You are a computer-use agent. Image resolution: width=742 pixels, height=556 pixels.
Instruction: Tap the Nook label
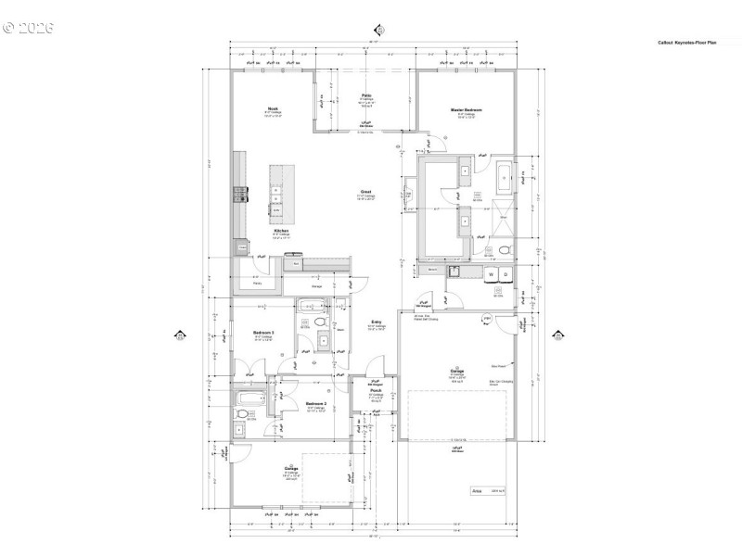point(273,109)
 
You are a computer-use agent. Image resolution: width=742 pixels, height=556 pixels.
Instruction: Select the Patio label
point(367,95)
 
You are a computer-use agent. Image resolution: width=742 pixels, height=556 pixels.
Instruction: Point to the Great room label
point(367,192)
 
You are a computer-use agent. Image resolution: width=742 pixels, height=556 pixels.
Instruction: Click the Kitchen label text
point(281,230)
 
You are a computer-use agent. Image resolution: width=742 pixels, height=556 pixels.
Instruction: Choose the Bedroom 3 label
point(263,333)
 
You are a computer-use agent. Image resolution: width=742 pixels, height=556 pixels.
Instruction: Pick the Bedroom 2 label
point(315,404)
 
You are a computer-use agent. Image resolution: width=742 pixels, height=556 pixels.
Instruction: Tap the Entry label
point(377,321)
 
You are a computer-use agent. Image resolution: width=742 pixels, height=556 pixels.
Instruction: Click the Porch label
point(377,390)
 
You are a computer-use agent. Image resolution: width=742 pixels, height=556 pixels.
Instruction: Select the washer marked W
point(490,275)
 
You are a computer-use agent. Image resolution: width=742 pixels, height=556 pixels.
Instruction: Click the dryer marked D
point(506,275)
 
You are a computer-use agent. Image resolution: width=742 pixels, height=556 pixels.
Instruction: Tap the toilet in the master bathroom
point(504,251)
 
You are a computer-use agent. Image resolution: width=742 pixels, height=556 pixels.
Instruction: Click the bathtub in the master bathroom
point(502,177)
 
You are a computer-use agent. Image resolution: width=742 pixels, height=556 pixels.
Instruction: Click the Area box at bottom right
point(491,491)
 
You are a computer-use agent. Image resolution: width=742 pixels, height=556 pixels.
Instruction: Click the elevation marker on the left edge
point(180,335)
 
